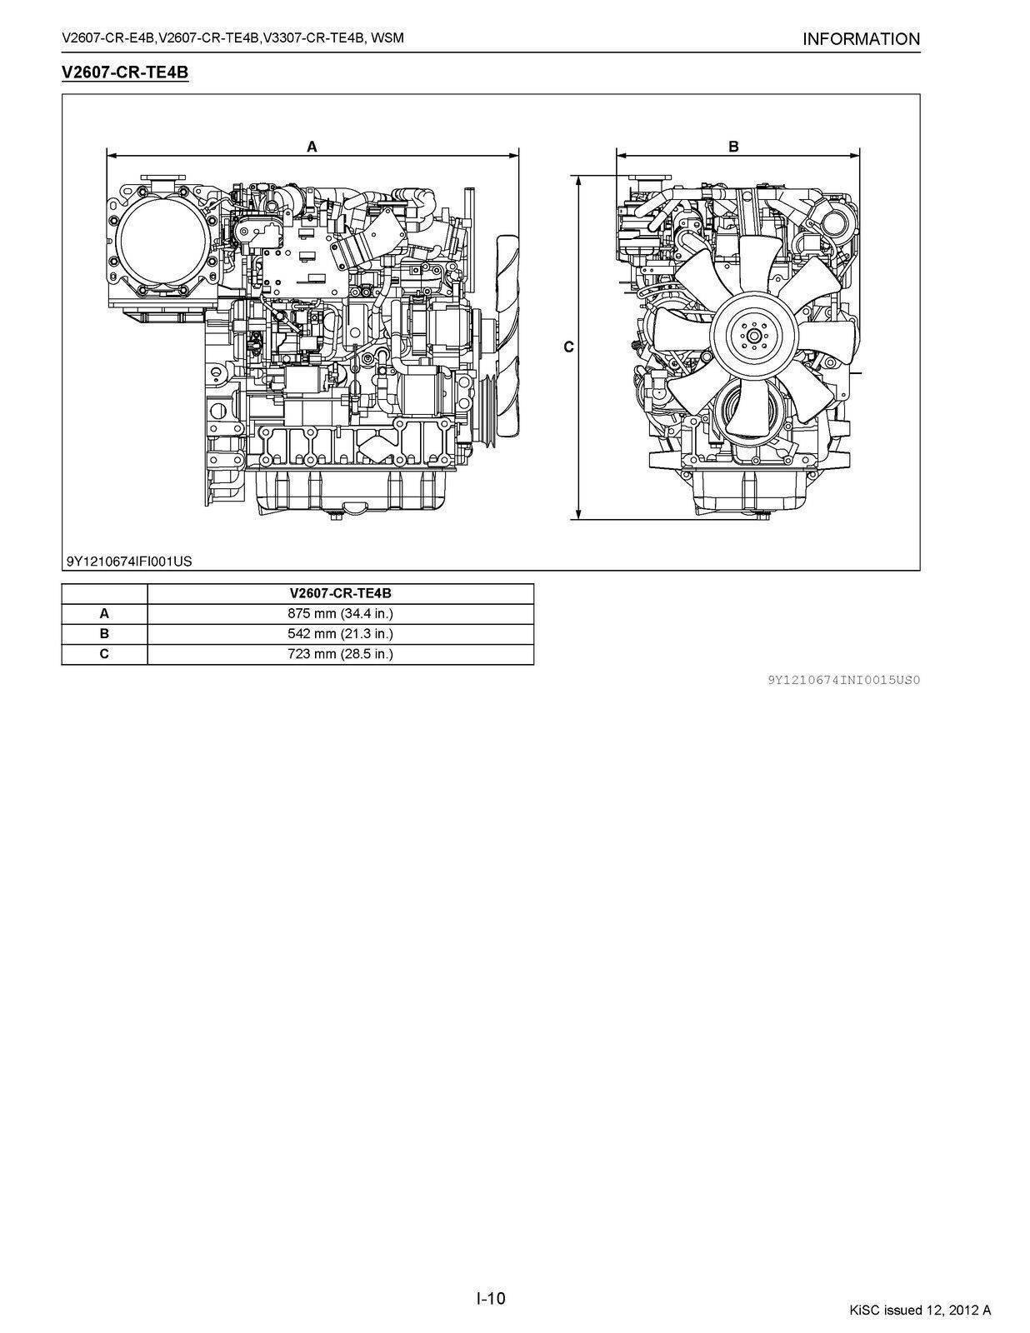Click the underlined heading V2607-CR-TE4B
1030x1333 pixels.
(125, 72)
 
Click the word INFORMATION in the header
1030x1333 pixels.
(861, 39)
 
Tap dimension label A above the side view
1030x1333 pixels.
(312, 147)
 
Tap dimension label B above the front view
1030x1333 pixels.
(733, 147)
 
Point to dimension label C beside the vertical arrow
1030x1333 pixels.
(568, 347)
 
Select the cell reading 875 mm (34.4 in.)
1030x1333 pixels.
(340, 613)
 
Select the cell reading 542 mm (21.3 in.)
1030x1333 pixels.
(340, 633)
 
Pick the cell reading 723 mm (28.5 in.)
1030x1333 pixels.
(340, 653)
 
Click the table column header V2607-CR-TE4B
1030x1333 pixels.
(340, 593)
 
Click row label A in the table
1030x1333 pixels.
(104, 613)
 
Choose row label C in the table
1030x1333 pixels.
(104, 653)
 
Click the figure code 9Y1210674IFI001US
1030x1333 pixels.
(129, 561)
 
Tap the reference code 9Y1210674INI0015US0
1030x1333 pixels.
(843, 680)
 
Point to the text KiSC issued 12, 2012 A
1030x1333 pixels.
(920, 1311)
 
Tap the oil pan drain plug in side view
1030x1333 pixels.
(336, 517)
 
